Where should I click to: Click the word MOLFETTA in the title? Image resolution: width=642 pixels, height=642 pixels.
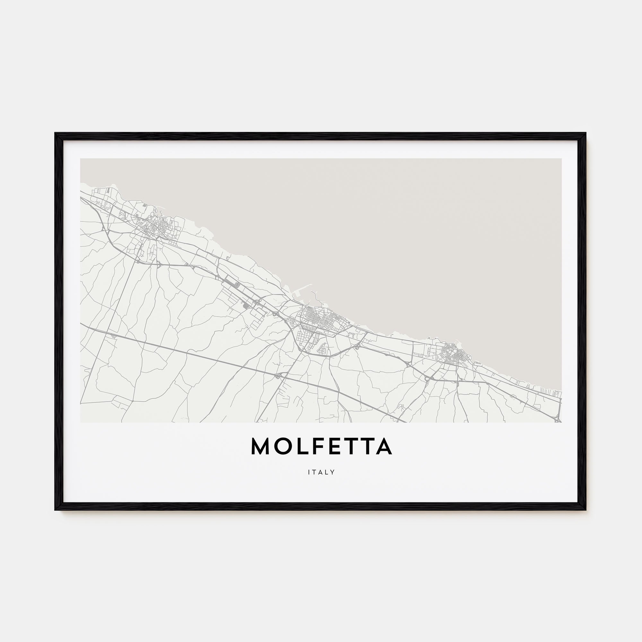point(321,447)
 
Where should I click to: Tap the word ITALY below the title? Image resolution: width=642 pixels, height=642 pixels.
point(321,472)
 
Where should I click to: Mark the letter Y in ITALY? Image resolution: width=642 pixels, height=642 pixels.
point(332,472)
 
